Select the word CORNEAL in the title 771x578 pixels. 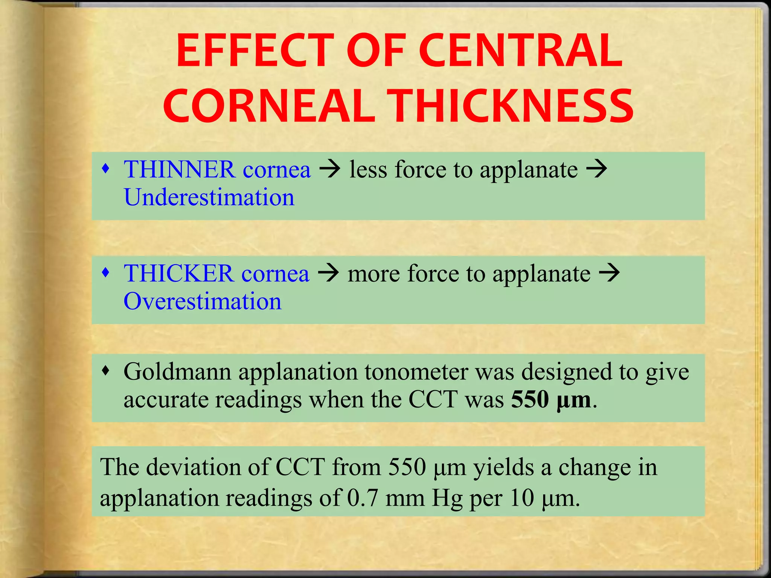[x=269, y=106]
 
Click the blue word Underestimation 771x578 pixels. [x=209, y=197]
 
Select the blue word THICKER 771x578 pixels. [x=178, y=273]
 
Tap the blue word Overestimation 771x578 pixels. [x=203, y=301]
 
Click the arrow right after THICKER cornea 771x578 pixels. [x=328, y=273]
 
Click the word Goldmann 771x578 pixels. [x=177, y=372]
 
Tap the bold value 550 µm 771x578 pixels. [x=551, y=400]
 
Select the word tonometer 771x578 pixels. [x=416, y=372]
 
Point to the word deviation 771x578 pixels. [x=193, y=467]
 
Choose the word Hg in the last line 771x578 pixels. [x=446, y=498]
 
